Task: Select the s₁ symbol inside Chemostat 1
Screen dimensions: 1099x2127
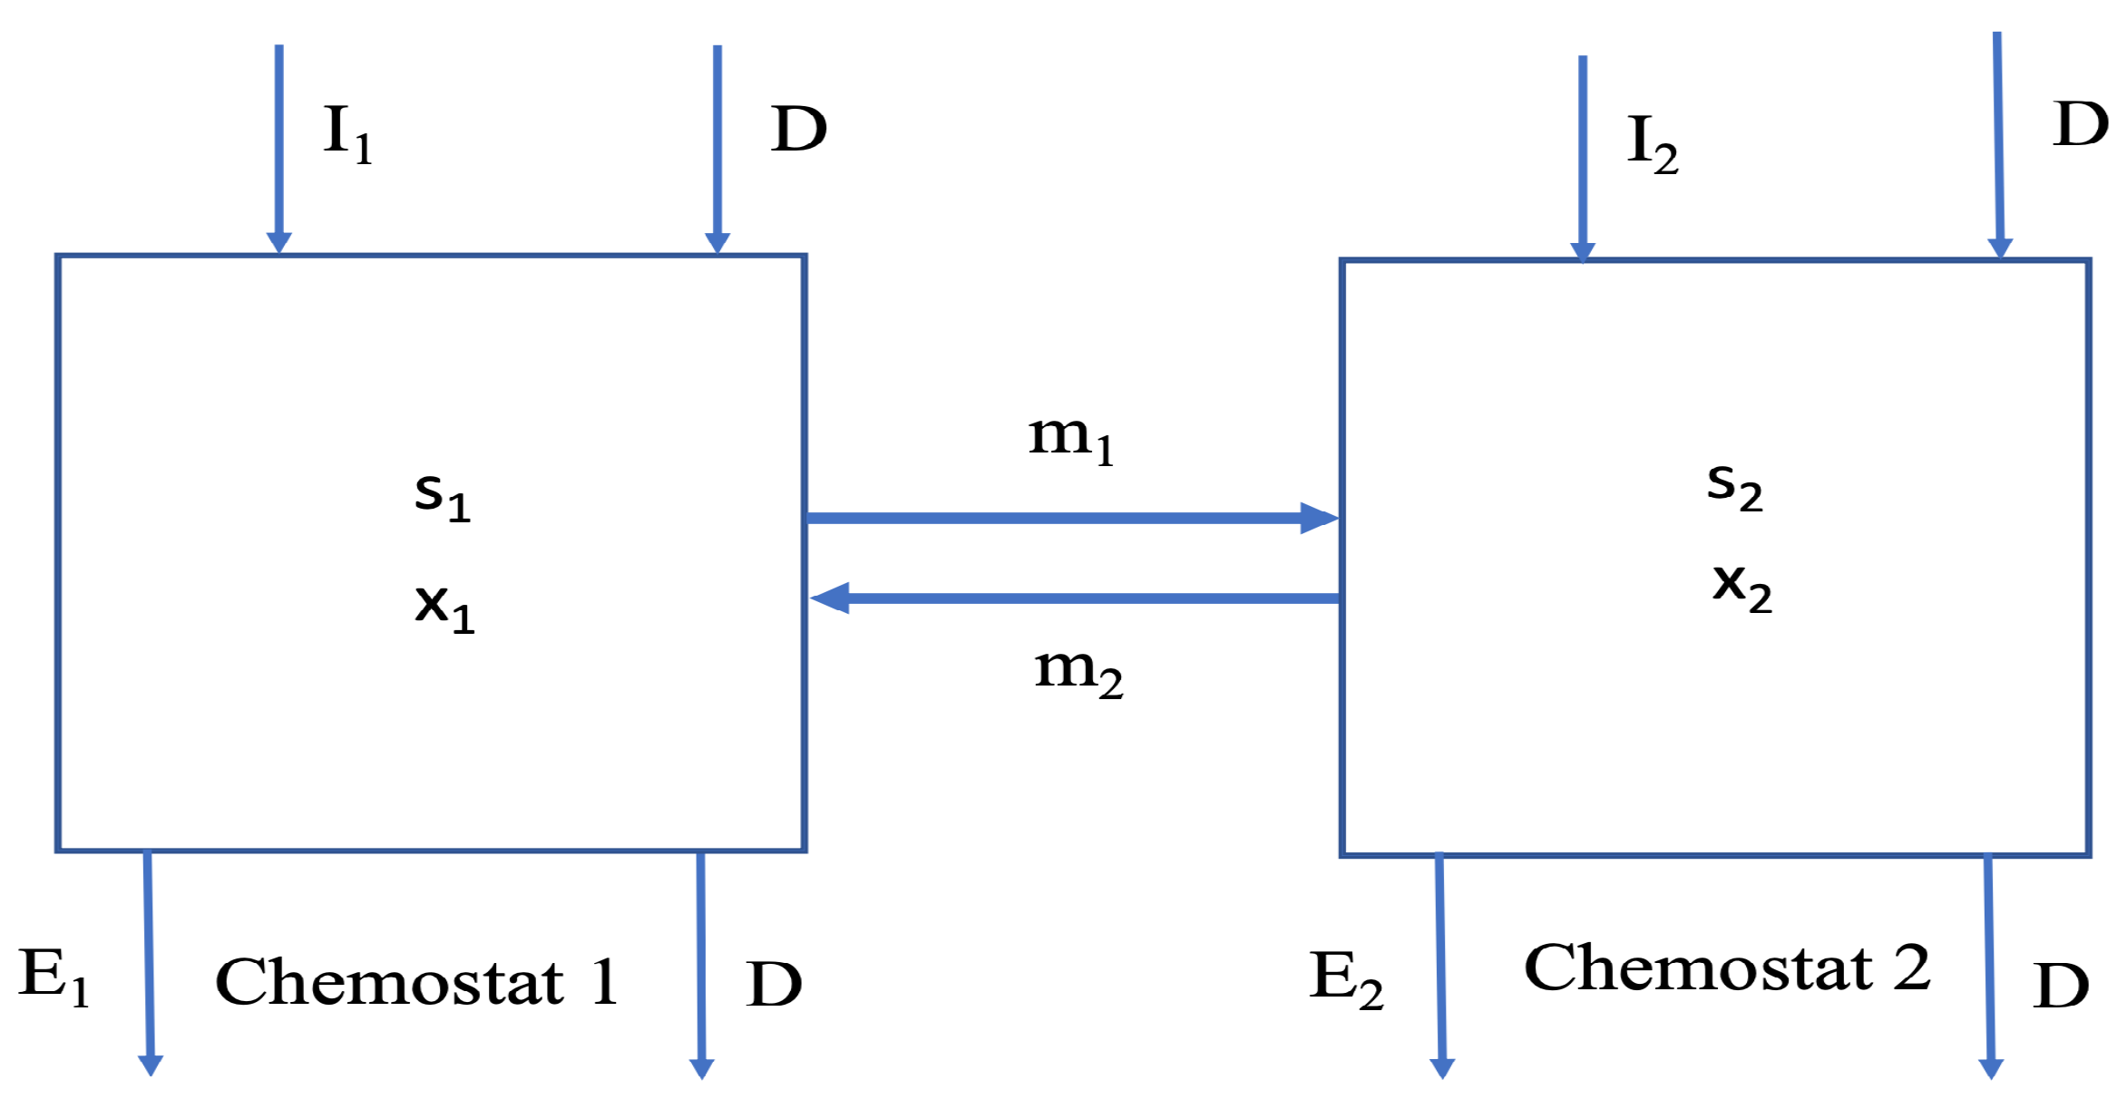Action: click(442, 496)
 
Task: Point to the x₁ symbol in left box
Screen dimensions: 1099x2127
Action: click(444, 607)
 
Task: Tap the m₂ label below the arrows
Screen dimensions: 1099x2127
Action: click(1078, 672)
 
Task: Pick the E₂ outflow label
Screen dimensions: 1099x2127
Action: click(1345, 978)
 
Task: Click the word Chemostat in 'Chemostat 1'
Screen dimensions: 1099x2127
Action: click(389, 982)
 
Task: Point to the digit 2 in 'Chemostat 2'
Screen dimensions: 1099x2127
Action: click(1911, 968)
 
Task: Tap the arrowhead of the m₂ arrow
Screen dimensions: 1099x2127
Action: click(830, 598)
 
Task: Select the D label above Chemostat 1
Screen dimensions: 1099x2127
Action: click(798, 129)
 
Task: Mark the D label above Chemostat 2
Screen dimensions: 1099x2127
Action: click(2081, 124)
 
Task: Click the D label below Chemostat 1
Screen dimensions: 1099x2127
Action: click(774, 985)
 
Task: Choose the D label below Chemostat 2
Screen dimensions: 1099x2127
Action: click(2061, 987)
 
